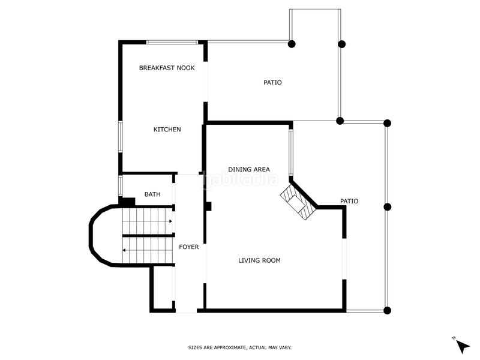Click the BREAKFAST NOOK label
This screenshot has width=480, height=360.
pyautogui.click(x=167, y=68)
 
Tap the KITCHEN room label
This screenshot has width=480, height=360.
pyautogui.click(x=167, y=130)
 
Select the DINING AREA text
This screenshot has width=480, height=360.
pyautogui.click(x=248, y=170)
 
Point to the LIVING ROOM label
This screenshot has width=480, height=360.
pyautogui.click(x=259, y=260)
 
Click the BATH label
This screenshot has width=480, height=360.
pyautogui.click(x=152, y=194)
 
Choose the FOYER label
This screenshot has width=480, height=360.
pyautogui.click(x=189, y=247)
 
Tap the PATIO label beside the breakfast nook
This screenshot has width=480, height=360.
pyautogui.click(x=272, y=82)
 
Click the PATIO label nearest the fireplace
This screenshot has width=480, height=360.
pyautogui.click(x=349, y=202)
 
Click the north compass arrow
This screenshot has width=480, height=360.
pyautogui.click(x=463, y=346)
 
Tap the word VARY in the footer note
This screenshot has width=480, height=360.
pyautogui.click(x=285, y=347)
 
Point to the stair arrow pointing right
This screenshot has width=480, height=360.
pyautogui.click(x=170, y=221)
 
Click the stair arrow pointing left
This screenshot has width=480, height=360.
pyautogui.click(x=124, y=250)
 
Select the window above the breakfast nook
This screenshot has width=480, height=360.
pyautogui.click(x=172, y=42)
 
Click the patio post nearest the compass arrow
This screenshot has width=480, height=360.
pyautogui.click(x=387, y=310)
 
